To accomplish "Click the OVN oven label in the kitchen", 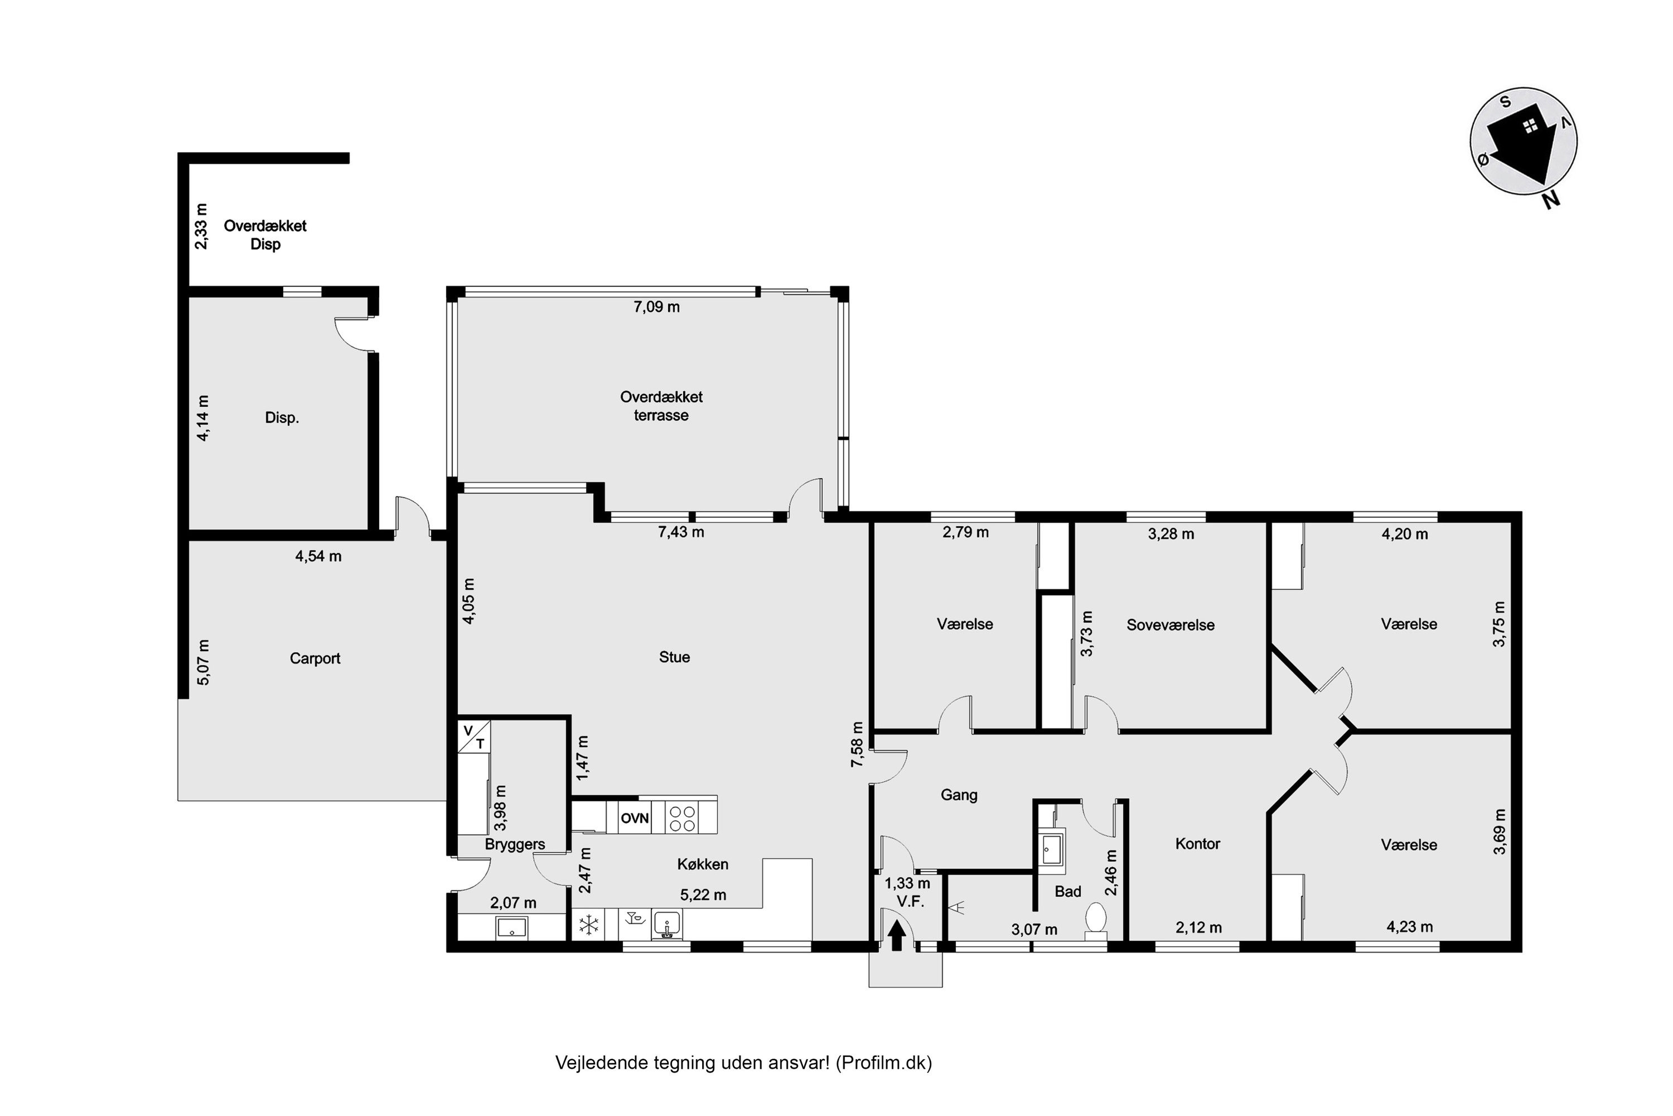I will tap(634, 818).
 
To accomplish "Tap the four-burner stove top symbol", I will tap(682, 818).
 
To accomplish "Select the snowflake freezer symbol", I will tap(589, 925).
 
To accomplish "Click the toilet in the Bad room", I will tap(1096, 917).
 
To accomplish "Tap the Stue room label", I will tap(674, 657).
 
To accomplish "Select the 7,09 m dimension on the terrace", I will tap(656, 307).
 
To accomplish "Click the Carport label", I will tap(315, 658).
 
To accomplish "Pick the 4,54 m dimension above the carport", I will tap(318, 556).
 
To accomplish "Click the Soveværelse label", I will tap(1170, 625).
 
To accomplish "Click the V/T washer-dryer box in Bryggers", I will tap(473, 737).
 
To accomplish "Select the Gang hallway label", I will tap(958, 795).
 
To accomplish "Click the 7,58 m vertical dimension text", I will tap(857, 744).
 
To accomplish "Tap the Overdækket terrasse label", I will tap(661, 406).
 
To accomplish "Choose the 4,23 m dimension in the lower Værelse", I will tap(1409, 927).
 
